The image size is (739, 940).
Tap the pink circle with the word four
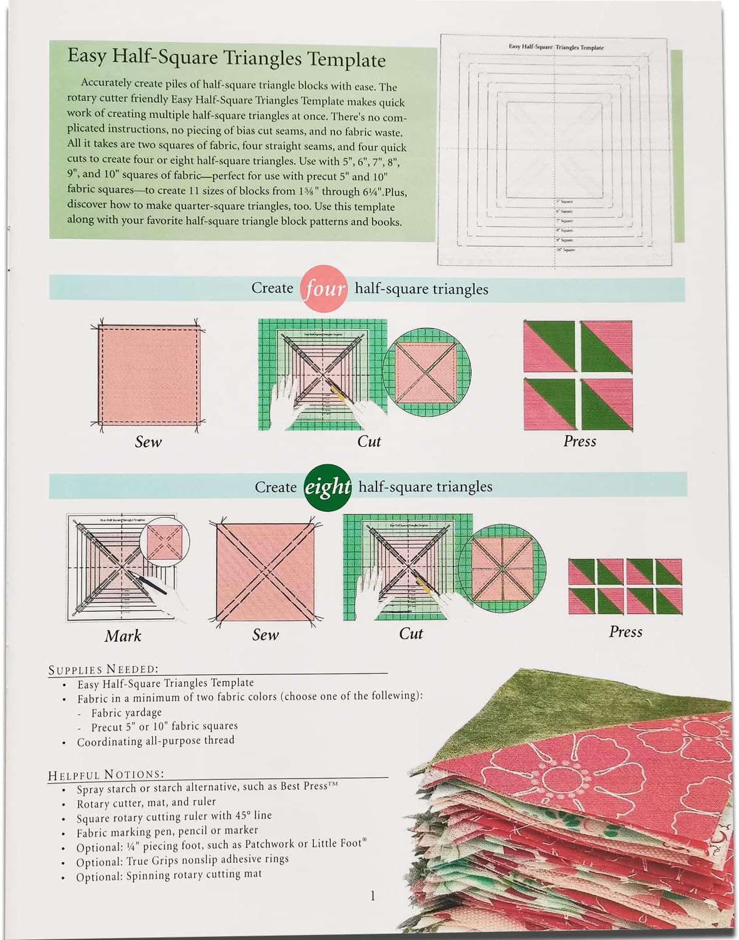coord(324,288)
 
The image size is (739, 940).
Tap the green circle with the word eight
coord(328,487)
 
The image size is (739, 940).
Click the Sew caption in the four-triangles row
coord(148,442)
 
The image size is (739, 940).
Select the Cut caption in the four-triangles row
coord(369,442)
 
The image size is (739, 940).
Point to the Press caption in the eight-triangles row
coord(625,632)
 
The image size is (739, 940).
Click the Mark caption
coord(123,636)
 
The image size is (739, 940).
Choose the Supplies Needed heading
coord(103,669)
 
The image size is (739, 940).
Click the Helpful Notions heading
coord(105,775)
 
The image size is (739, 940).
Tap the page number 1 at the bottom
coord(373,896)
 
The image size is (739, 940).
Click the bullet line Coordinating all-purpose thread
coord(155,741)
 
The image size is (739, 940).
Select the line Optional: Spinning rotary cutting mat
coord(169,875)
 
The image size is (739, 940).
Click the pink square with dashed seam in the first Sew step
coord(149,375)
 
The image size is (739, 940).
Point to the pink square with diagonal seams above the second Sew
coord(266,572)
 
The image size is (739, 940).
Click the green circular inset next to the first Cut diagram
coord(426,373)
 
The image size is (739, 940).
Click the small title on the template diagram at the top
coord(556,47)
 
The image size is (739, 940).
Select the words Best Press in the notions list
coord(304,786)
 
